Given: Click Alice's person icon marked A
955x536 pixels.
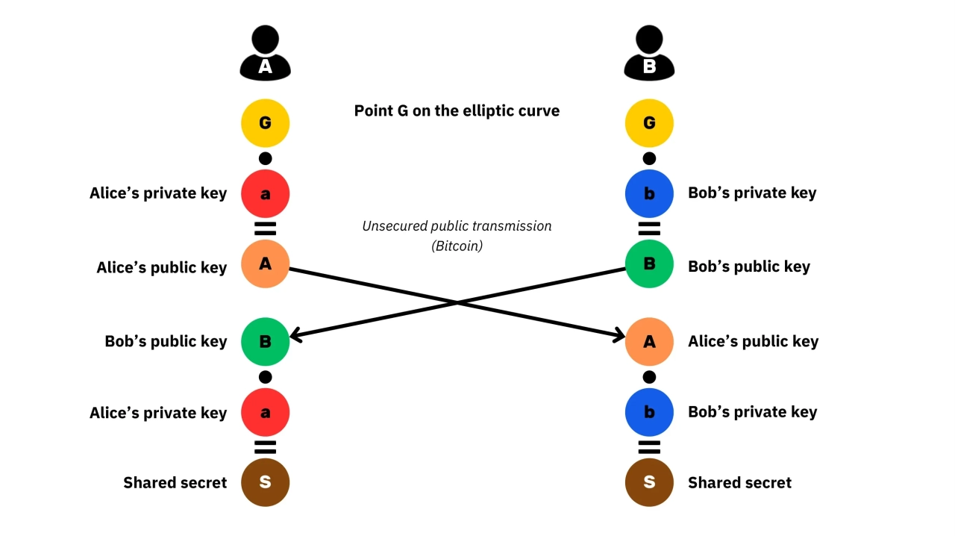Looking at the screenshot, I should point(265,54).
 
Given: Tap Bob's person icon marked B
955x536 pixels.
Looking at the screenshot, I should point(649,54).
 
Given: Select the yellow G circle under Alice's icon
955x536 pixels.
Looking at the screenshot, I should point(265,122).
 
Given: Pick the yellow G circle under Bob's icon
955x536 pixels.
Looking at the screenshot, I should point(649,122).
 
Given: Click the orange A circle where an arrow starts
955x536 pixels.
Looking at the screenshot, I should point(265,264).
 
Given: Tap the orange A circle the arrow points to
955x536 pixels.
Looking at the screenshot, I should point(649,341).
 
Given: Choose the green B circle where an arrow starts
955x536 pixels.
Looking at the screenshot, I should point(649,264).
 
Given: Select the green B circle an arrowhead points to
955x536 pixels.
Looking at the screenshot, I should point(265,341).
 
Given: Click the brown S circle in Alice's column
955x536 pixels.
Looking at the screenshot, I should point(265,482).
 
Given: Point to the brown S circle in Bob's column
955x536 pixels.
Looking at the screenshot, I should point(649,482).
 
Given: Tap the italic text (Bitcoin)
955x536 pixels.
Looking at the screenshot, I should point(457,246).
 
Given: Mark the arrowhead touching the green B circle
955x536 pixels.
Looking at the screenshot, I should point(294,337).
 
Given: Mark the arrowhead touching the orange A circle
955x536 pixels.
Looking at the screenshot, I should point(619,337).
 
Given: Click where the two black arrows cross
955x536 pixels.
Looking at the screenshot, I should point(457,302).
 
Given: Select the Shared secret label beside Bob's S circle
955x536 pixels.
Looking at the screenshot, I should point(739,483).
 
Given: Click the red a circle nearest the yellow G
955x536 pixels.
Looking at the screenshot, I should point(265,193).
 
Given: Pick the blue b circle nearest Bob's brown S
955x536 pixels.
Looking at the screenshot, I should point(649,412).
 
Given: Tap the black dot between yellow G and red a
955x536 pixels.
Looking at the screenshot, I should point(265,158).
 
